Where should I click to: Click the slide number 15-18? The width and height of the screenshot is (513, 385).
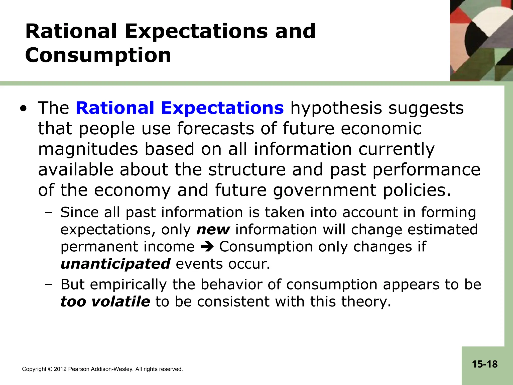(x=485, y=364)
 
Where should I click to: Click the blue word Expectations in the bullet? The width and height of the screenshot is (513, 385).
(x=222, y=108)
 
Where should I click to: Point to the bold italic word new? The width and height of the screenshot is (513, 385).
(x=213, y=230)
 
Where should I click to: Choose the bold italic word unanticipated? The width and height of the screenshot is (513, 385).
(x=115, y=264)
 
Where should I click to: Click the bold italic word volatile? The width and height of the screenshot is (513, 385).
(x=121, y=302)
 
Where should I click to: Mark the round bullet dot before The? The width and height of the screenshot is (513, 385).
(x=23, y=109)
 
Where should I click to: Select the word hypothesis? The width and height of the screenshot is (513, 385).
(x=336, y=109)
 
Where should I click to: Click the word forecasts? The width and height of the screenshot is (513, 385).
(x=216, y=129)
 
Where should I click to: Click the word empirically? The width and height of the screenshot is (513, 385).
(x=128, y=284)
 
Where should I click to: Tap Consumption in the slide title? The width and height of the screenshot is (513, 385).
(x=98, y=55)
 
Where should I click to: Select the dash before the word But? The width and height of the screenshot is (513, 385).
(x=49, y=285)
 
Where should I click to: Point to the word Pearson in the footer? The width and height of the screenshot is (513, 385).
(x=77, y=369)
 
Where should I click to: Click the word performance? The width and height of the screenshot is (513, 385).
(x=426, y=170)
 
